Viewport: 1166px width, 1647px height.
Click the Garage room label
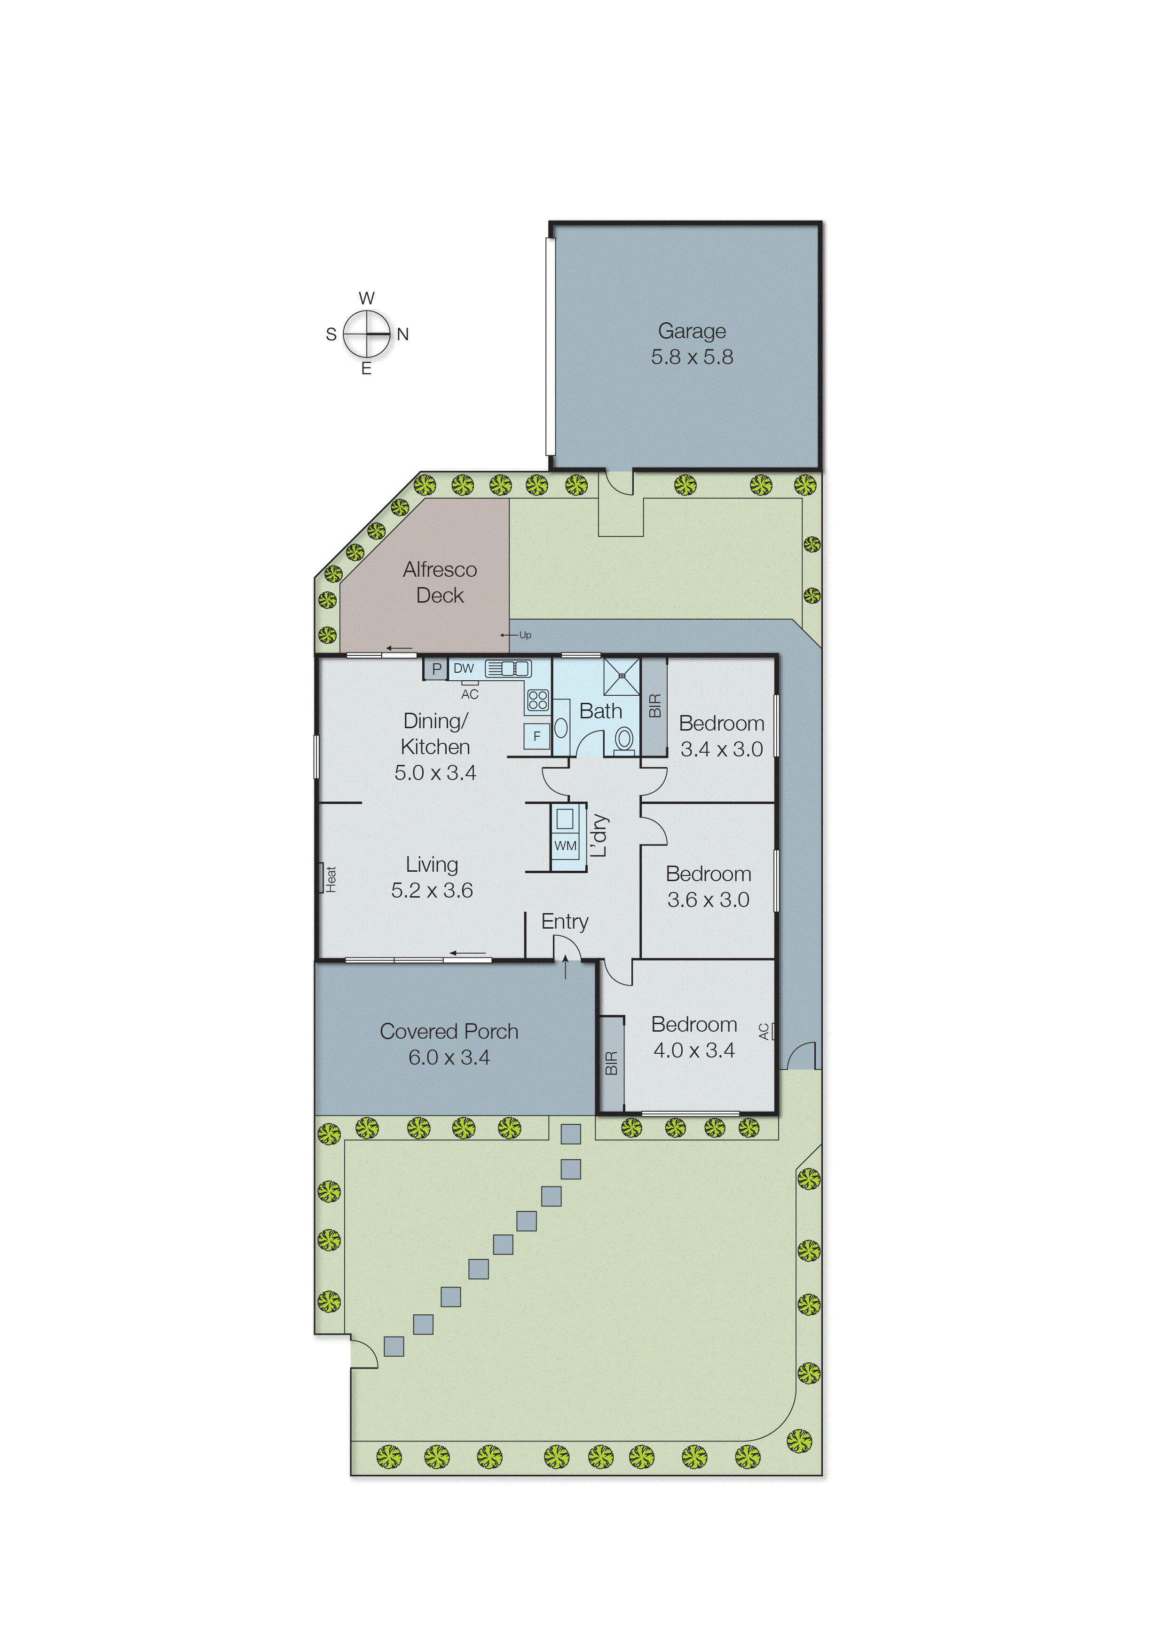(x=692, y=331)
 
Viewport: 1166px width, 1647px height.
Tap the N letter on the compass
(x=403, y=334)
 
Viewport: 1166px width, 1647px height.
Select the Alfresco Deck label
(x=440, y=582)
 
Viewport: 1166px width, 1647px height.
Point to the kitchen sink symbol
(x=508, y=668)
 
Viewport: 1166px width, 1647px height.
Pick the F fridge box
(x=536, y=736)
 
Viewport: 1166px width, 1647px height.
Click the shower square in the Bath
(x=622, y=676)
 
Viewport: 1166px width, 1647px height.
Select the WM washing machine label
(x=565, y=845)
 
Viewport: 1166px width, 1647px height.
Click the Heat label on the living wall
(x=330, y=878)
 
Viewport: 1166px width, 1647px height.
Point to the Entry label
(x=564, y=921)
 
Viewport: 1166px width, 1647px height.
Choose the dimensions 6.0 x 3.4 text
(x=449, y=1057)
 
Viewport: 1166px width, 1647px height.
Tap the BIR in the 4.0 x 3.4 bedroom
(x=611, y=1063)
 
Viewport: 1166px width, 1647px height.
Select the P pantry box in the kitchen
(x=436, y=668)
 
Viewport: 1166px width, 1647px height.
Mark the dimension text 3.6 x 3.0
(x=708, y=899)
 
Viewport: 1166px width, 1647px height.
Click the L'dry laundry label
(x=599, y=836)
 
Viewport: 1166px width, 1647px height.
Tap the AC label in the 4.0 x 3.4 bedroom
(x=764, y=1032)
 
